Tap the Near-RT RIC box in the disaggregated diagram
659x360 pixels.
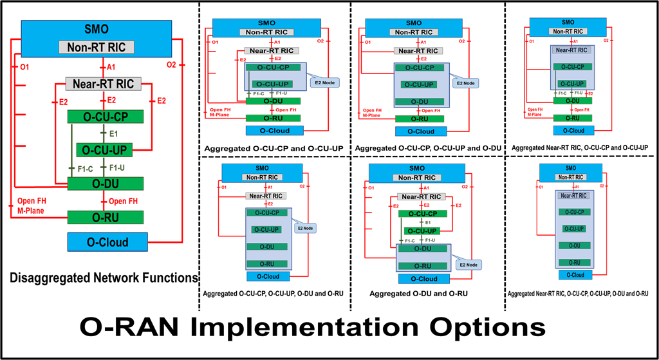100,83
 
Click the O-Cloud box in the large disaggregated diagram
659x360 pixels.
107,243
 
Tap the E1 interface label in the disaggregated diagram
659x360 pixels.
113,134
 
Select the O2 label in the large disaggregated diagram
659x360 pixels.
171,64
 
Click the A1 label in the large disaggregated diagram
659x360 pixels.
111,66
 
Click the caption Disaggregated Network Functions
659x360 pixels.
103,278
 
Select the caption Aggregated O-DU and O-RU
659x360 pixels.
418,294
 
